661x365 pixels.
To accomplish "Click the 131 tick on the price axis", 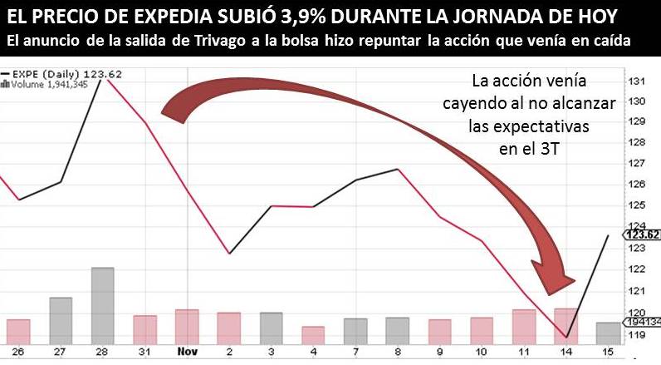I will click(x=638, y=81).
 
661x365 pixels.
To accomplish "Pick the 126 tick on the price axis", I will click(x=638, y=185).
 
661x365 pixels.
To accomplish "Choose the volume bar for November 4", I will click(x=313, y=335).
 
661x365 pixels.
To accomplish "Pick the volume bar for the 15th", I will click(x=608, y=333).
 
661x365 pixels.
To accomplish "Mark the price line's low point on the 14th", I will click(x=566, y=338).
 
